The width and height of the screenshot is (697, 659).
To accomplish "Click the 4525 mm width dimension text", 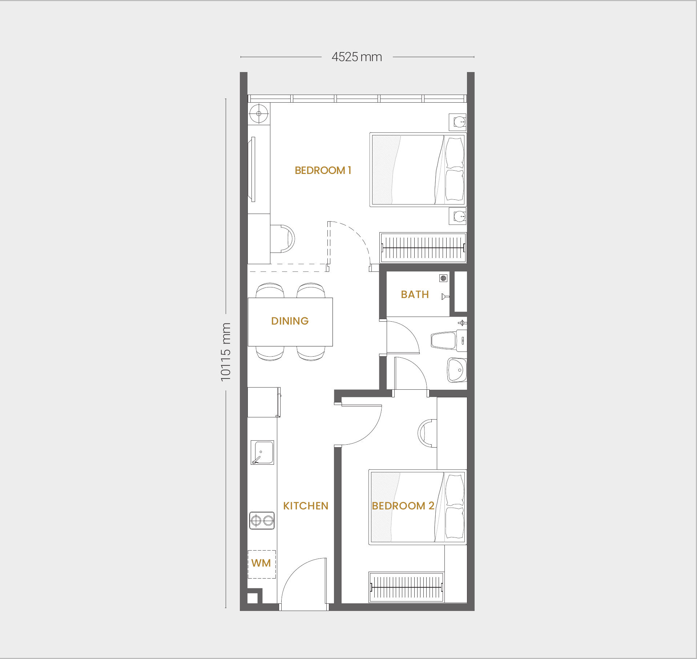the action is pos(357,57).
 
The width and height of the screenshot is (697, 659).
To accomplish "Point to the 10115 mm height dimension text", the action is pos(226,352).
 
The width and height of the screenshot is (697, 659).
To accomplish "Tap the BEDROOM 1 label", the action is pos(323,170).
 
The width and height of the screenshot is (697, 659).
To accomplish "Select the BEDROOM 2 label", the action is pos(403,506).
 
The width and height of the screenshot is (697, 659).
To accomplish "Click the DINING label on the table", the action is pos(290,321).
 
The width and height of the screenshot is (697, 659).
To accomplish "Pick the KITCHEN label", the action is pos(306,506).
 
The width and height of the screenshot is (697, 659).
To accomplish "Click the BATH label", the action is pos(415,294).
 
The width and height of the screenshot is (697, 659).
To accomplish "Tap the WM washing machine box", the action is pos(262,564).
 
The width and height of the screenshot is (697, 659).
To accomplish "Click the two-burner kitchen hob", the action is pos(262,521).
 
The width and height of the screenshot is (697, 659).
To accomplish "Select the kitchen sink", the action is pos(262,452).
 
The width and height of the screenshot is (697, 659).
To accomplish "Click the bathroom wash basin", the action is pos(457,370).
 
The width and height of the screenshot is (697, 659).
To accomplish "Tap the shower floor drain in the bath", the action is pos(443,278).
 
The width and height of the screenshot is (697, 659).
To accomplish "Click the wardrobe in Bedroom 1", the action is pos(423,248).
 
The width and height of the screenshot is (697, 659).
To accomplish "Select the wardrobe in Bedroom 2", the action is pos(406,587).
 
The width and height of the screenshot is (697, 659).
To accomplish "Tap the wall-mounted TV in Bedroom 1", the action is pos(253,169).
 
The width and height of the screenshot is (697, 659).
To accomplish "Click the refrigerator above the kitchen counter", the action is pos(264,402).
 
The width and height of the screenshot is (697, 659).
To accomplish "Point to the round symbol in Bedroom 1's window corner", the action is pos(259,114).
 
